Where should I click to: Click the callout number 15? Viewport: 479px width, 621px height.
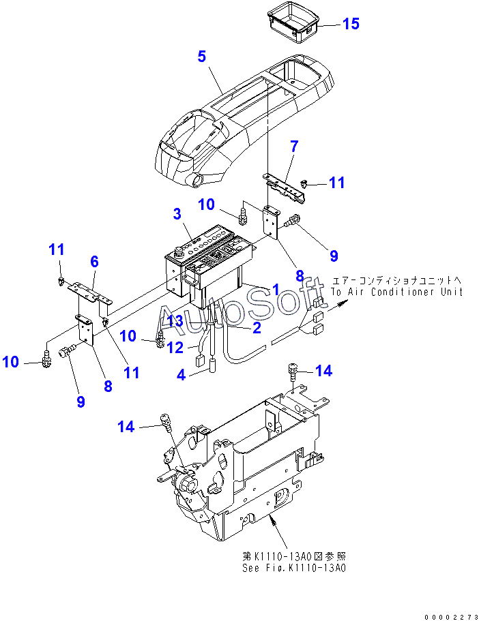[350, 24]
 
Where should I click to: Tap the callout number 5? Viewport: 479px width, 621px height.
[201, 56]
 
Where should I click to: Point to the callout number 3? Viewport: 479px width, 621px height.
[177, 214]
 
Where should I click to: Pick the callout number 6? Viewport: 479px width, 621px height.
[94, 261]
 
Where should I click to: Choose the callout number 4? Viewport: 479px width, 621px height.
[182, 374]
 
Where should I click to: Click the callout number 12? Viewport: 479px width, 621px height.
[175, 348]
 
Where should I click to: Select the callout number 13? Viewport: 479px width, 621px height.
[175, 320]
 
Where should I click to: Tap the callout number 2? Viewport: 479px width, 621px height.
[257, 328]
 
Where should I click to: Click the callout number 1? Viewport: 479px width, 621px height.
[275, 289]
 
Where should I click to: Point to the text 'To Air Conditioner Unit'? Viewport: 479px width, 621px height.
[396, 292]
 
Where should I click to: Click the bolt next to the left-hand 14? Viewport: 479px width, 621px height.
[164, 421]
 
